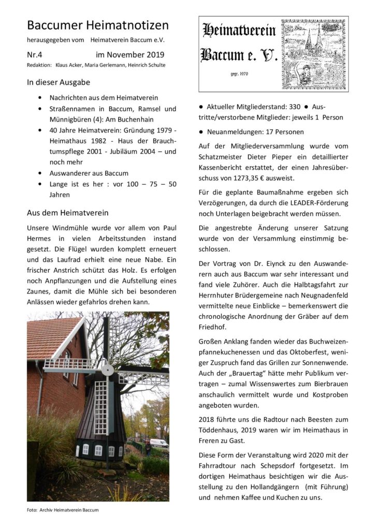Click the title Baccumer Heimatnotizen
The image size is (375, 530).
tap(97, 25)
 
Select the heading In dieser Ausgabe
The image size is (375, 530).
tap(59, 82)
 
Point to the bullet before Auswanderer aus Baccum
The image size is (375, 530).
tap(40, 173)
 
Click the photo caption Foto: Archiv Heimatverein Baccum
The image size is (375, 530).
tap(63, 510)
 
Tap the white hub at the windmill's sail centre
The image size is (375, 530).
tap(107, 370)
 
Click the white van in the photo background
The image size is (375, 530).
tap(158, 444)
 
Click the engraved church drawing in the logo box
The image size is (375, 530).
tap(313, 52)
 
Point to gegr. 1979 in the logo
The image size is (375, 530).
tap(239, 74)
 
